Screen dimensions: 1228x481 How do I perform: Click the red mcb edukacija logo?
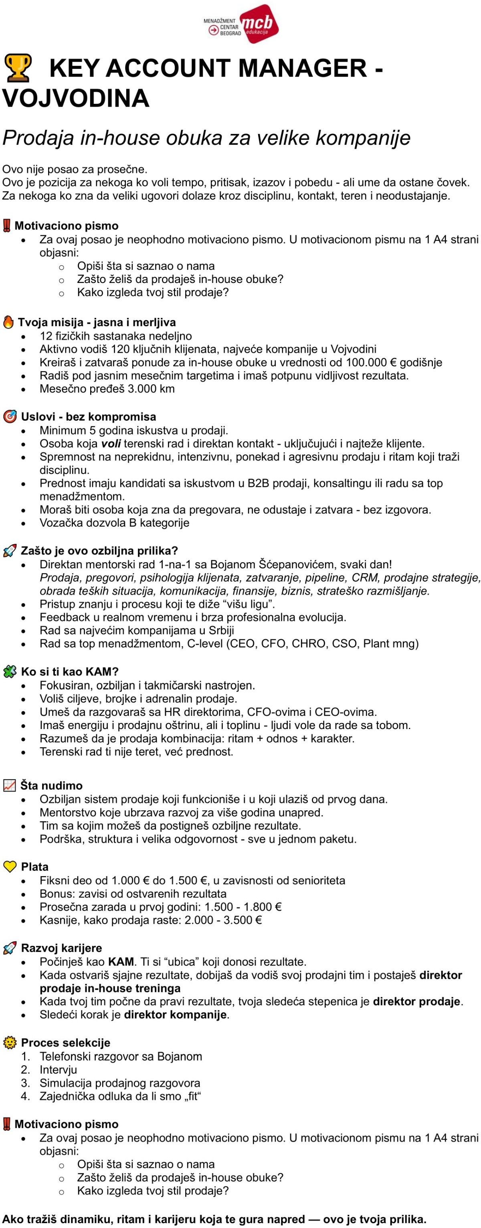click(x=259, y=24)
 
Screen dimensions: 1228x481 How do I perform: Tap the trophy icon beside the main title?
click(x=18, y=68)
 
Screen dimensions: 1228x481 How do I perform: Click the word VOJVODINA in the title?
click(x=76, y=98)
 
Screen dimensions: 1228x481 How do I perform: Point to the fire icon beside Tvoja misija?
click(x=8, y=322)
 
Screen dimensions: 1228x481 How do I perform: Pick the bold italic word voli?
click(x=111, y=443)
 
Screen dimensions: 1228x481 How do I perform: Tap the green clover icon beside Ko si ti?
click(x=10, y=672)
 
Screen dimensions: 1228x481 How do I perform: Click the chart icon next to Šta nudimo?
click(x=10, y=785)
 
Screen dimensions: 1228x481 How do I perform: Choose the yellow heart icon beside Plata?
click(x=10, y=866)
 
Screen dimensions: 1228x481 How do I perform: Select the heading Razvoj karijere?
click(x=61, y=948)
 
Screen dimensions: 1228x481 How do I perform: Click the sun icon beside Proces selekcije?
click(x=9, y=1042)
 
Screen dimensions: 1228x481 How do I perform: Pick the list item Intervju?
click(x=58, y=1069)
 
